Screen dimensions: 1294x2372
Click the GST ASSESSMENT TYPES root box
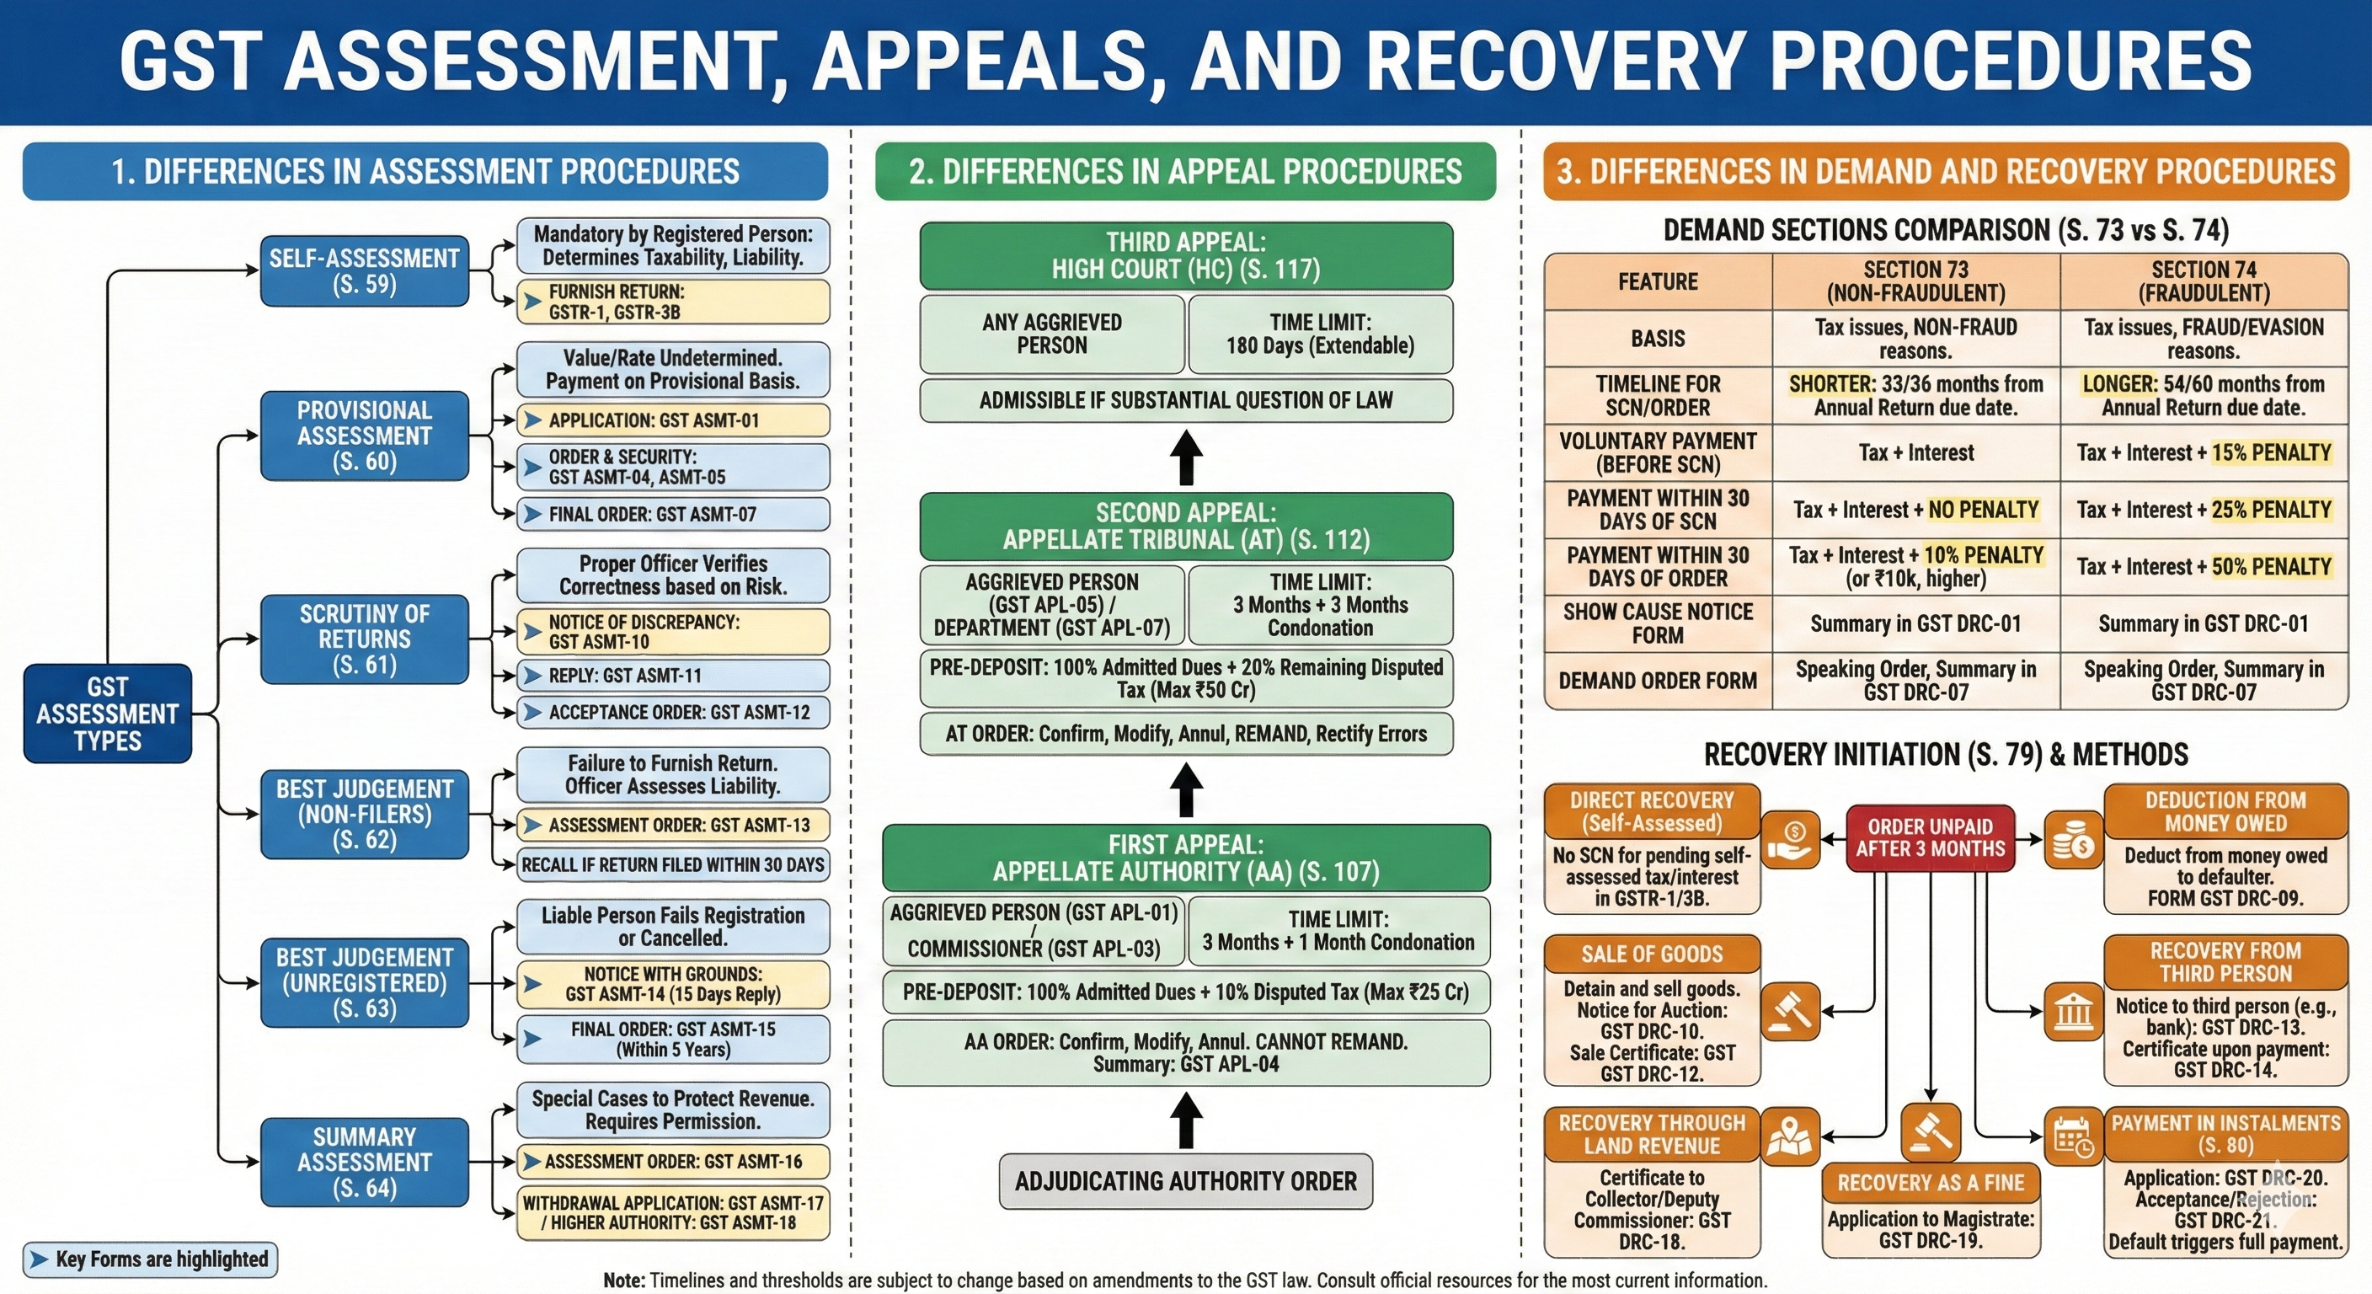click(x=107, y=713)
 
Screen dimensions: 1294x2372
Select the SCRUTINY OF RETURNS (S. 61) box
click(x=364, y=639)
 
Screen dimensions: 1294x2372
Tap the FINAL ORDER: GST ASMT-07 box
click(x=672, y=514)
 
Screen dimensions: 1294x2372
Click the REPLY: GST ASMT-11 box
click(x=672, y=675)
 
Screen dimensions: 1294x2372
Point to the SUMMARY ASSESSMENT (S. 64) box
click(x=364, y=1162)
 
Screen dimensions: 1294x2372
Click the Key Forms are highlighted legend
click(x=149, y=1259)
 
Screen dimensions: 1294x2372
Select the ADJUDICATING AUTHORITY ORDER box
click(x=1185, y=1181)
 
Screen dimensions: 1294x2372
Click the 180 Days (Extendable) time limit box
click(x=1320, y=334)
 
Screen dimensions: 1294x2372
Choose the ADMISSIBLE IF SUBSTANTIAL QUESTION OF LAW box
click(x=1185, y=399)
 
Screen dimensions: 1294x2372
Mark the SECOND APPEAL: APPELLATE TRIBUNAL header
click(x=1185, y=526)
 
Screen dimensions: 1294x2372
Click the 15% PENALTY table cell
click(x=2204, y=452)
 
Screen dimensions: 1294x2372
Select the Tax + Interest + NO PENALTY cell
click(x=1915, y=510)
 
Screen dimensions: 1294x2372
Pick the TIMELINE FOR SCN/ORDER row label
click(x=1658, y=395)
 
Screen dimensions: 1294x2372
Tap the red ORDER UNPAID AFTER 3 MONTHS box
click(x=1930, y=837)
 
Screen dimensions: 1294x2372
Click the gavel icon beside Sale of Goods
click(x=1790, y=1010)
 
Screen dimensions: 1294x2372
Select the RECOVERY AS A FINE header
click(x=1930, y=1183)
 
